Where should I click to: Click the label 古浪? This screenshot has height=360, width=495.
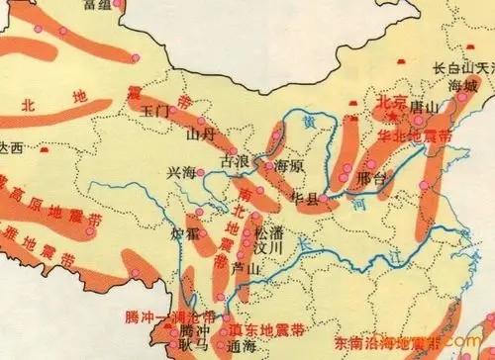coord(234,158)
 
